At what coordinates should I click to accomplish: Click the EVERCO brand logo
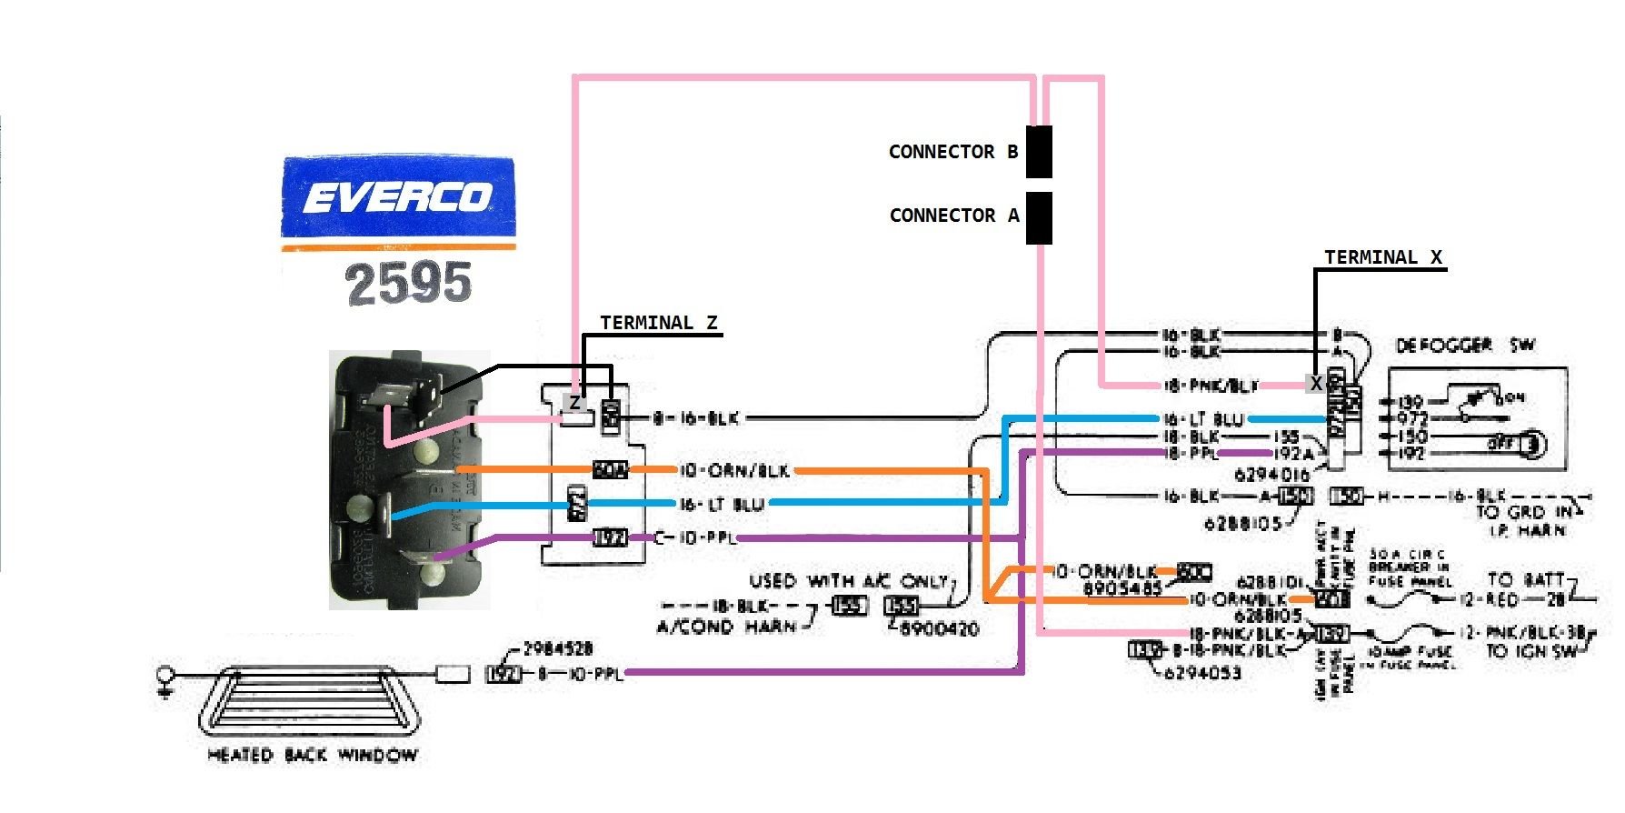(x=398, y=196)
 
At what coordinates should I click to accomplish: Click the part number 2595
(x=409, y=282)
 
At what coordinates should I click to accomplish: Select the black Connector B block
(x=1039, y=151)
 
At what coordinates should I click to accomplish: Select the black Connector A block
(x=1039, y=217)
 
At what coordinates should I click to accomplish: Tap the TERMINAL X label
(x=1382, y=257)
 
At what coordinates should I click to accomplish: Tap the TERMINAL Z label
(x=658, y=323)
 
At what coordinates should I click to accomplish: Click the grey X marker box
(x=1315, y=384)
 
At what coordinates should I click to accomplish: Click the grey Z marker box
(x=574, y=402)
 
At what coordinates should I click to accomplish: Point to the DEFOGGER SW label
(x=1464, y=346)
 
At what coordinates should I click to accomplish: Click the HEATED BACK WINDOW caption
(x=312, y=755)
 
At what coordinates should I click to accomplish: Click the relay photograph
(x=409, y=479)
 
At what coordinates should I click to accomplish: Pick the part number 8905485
(x=1122, y=588)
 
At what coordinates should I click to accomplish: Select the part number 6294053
(x=1201, y=673)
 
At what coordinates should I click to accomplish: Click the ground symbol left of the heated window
(x=165, y=681)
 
